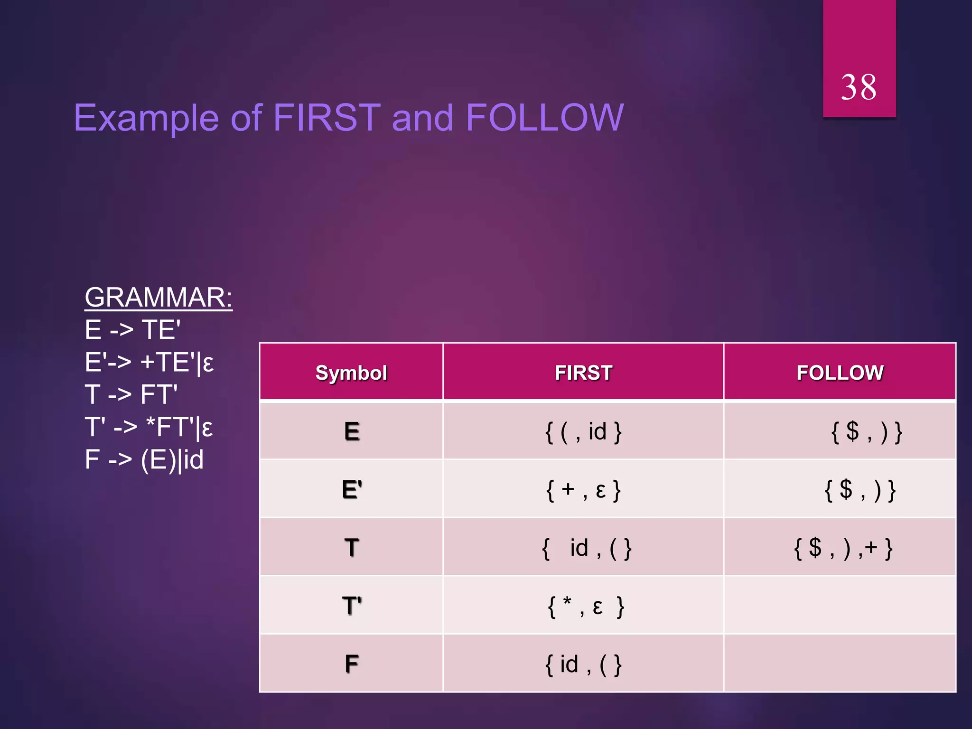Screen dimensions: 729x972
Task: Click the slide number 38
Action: click(859, 88)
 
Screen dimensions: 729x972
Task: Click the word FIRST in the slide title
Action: click(327, 118)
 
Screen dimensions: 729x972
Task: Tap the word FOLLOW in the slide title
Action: click(544, 118)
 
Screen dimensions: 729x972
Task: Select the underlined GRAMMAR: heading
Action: click(159, 298)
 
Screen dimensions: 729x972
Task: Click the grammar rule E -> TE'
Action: click(132, 330)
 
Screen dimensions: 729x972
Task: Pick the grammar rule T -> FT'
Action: click(131, 395)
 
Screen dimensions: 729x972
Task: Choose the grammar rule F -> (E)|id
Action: click(144, 460)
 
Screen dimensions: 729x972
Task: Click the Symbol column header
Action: click(351, 373)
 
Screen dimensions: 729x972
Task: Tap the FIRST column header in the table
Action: click(583, 373)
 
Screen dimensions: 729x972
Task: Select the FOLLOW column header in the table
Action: click(840, 373)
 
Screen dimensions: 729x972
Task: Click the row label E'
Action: click(352, 489)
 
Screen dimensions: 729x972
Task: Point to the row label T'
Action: click(352, 606)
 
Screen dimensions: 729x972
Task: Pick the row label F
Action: click(352, 664)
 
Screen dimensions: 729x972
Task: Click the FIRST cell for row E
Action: click(583, 432)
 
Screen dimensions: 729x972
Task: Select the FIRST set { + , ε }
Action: click(583, 490)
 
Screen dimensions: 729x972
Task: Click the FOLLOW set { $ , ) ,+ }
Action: click(843, 548)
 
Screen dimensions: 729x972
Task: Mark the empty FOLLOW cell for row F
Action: click(840, 664)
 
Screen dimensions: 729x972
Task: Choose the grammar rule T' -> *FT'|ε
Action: click(149, 427)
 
